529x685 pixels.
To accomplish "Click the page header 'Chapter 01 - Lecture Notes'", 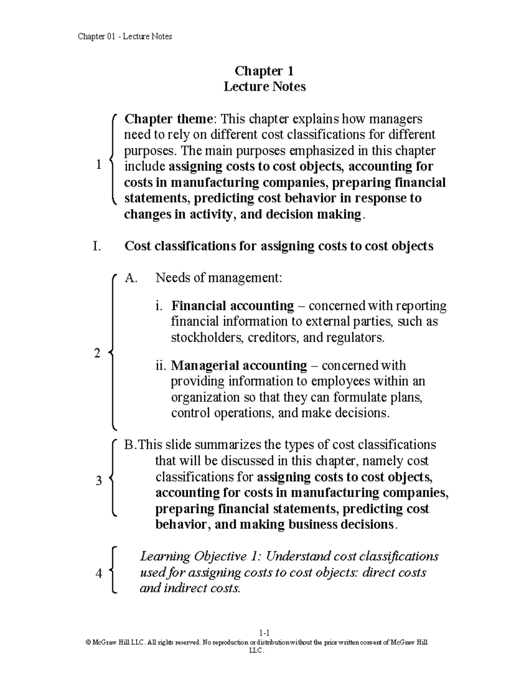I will (x=125, y=37).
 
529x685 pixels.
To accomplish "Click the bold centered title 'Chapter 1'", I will (x=264, y=71).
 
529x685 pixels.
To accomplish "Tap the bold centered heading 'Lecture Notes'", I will (x=264, y=86).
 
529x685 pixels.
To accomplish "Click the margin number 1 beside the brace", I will (x=98, y=165).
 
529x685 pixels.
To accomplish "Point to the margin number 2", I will (x=97, y=353).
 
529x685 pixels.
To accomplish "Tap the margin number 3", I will (x=99, y=480).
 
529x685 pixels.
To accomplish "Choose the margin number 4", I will (x=99, y=573).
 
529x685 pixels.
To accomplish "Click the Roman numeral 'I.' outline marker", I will (x=97, y=246).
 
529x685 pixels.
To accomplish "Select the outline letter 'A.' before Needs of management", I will (x=131, y=278).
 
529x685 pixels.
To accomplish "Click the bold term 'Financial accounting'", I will (x=232, y=306).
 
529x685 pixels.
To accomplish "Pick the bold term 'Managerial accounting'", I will (x=238, y=366).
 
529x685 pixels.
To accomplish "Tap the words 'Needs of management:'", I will (x=218, y=278).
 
